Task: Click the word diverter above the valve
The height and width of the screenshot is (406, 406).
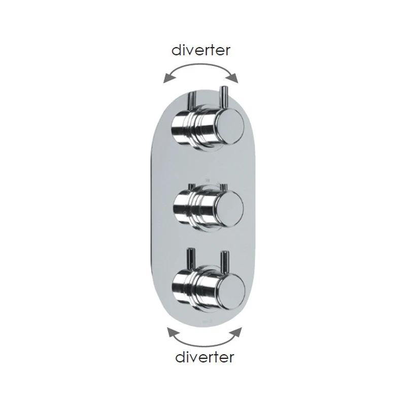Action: point(201,50)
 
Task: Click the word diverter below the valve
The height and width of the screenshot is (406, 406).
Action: point(205,357)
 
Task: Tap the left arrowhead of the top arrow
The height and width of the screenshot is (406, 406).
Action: point(169,79)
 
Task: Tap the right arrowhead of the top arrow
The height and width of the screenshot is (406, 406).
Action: point(232,78)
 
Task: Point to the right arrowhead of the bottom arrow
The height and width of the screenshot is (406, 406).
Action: point(236,332)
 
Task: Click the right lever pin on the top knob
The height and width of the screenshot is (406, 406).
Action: point(223,96)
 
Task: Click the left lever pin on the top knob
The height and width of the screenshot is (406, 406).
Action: point(193,99)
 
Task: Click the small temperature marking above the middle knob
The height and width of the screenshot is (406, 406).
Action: point(207,180)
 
